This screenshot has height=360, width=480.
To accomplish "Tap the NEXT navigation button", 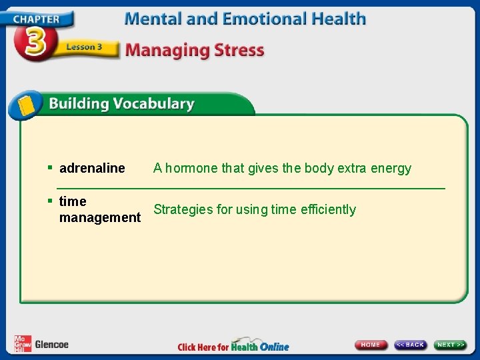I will pyautogui.click(x=451, y=345).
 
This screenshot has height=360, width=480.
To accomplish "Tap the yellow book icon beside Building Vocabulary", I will pyautogui.click(x=26, y=105).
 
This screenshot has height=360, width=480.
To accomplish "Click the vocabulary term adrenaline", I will pyautogui.click(x=92, y=168).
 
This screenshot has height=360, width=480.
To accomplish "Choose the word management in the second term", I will pyautogui.click(x=100, y=217).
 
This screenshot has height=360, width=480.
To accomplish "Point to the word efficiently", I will pyautogui.click(x=327, y=209).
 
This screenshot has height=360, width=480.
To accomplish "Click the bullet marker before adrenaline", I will pyautogui.click(x=50, y=167).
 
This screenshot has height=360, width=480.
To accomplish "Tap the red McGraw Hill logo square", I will pyautogui.click(x=22, y=343).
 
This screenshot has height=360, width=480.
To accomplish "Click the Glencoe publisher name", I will pyautogui.click(x=51, y=345).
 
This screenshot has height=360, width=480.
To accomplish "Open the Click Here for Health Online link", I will pyautogui.click(x=233, y=346).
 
